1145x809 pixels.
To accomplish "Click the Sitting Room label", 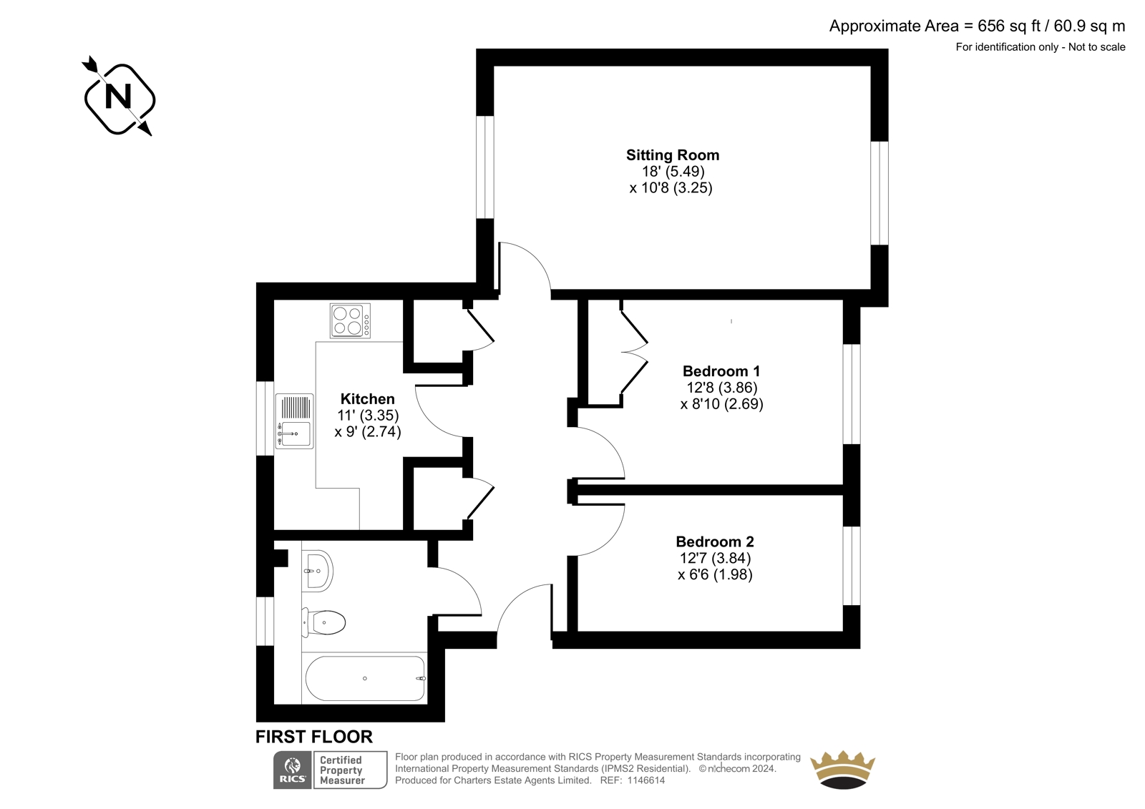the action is pyautogui.click(x=672, y=155).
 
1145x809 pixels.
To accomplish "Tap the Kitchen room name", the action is pyautogui.click(x=368, y=398).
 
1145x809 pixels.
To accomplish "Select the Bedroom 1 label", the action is pyautogui.click(x=721, y=371).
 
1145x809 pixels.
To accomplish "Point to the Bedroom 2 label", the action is pyautogui.click(x=715, y=541).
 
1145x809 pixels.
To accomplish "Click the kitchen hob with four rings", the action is pyautogui.click(x=350, y=321).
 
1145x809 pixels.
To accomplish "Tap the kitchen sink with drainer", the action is pyautogui.click(x=294, y=421).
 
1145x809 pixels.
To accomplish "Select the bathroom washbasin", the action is pyautogui.click(x=317, y=571).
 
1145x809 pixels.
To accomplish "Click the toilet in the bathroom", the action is pyautogui.click(x=323, y=622).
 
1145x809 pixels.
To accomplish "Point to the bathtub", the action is pyautogui.click(x=364, y=678).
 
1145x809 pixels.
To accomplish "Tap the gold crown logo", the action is pyautogui.click(x=842, y=770).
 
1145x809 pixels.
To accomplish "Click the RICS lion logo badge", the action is pyautogui.click(x=293, y=770).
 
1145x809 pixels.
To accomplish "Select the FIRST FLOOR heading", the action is pyautogui.click(x=314, y=737).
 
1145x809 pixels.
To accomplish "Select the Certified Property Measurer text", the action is pyautogui.click(x=341, y=770).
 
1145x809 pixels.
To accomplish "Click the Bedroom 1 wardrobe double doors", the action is pyautogui.click(x=634, y=352).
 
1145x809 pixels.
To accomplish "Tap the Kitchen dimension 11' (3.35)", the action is pyautogui.click(x=368, y=415).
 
